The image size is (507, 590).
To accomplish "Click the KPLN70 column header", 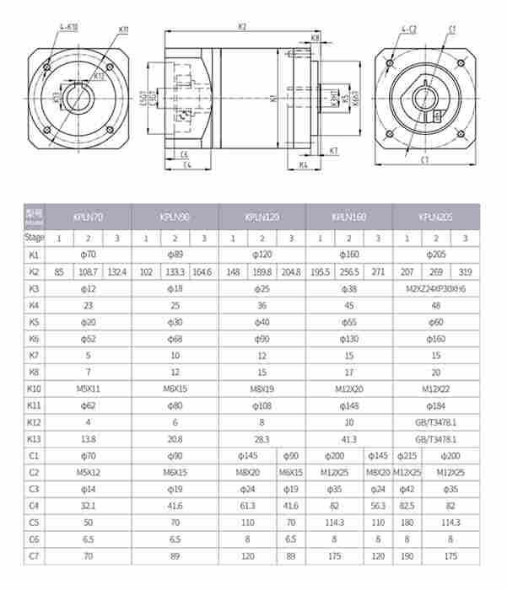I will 89,217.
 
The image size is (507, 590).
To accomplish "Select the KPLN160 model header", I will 349,217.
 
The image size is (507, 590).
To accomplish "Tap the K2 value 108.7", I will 89,271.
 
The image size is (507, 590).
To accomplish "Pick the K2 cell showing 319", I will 465,271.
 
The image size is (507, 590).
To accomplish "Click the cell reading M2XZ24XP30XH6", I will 435,288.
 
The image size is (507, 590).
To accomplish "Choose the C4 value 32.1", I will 89,507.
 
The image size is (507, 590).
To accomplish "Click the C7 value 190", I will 406,557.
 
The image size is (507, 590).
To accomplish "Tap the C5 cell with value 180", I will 406,523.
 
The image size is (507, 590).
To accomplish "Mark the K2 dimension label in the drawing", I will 243,26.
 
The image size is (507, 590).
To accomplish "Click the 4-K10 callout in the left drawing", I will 69,27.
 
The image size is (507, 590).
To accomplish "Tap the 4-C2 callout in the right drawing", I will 409,29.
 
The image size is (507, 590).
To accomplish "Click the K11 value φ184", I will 435,405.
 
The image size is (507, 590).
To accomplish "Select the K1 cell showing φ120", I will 262,255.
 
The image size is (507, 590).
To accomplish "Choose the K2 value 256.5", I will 349,271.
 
